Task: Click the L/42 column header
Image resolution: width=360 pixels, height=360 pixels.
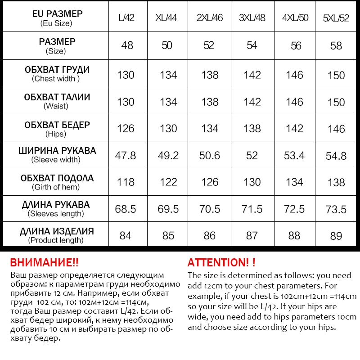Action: point(126,18)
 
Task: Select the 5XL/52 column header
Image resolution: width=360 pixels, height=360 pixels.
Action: point(336,19)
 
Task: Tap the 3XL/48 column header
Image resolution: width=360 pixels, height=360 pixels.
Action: point(252,18)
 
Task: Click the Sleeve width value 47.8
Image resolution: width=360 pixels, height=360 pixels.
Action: point(126,155)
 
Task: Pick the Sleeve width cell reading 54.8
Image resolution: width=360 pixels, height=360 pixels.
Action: point(336,156)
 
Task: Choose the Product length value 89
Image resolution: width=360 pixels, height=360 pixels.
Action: point(336,236)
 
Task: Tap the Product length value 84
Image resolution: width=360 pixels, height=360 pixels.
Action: point(126,235)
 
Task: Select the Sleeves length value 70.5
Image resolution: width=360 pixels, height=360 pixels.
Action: point(210,209)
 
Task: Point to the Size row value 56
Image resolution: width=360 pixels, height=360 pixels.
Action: point(294,45)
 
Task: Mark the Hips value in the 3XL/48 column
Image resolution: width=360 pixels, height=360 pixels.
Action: point(252,129)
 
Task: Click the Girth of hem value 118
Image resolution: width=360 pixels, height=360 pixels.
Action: point(126,182)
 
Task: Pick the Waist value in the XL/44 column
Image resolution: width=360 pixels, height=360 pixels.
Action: point(168,102)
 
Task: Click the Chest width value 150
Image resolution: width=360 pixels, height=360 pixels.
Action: point(336,75)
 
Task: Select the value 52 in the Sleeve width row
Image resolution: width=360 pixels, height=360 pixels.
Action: point(252,155)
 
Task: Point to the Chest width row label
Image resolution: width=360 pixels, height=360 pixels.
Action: point(57,74)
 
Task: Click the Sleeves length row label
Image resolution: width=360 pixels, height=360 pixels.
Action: point(56,209)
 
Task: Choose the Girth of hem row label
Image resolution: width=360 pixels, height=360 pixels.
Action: point(57,182)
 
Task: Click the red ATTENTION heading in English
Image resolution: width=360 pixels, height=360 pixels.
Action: point(221,263)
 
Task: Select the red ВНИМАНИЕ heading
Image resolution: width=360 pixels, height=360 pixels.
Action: point(44,263)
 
